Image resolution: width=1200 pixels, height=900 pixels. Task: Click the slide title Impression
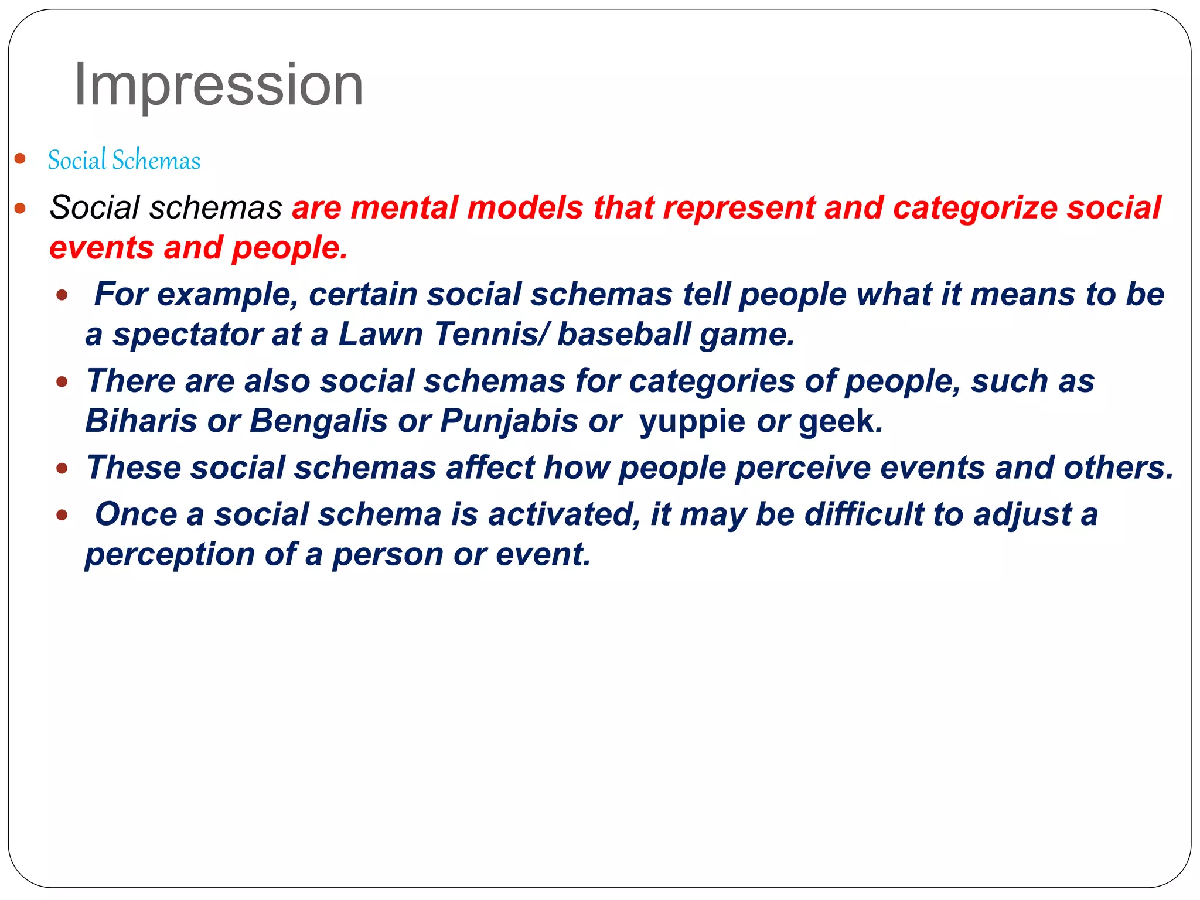click(x=218, y=86)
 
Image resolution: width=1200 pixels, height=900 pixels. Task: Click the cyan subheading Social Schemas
click(x=124, y=160)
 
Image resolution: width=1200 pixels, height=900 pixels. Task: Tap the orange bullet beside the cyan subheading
click(x=20, y=158)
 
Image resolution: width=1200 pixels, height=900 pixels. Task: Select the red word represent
click(x=739, y=207)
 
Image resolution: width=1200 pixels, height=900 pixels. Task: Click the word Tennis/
click(x=492, y=334)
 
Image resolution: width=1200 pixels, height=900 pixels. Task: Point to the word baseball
click(x=623, y=334)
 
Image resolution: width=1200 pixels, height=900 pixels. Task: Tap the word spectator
click(x=187, y=335)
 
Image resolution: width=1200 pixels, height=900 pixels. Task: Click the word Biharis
click(x=141, y=421)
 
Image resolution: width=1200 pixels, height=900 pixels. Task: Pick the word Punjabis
click(x=509, y=421)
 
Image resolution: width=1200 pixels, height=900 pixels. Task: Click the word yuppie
click(x=692, y=422)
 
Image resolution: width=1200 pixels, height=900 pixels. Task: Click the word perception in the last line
click(x=170, y=555)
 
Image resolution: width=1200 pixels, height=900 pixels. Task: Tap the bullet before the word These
click(x=62, y=468)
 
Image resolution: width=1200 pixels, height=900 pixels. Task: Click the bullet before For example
click(x=62, y=295)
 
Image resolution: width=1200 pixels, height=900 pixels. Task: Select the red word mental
click(x=404, y=207)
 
